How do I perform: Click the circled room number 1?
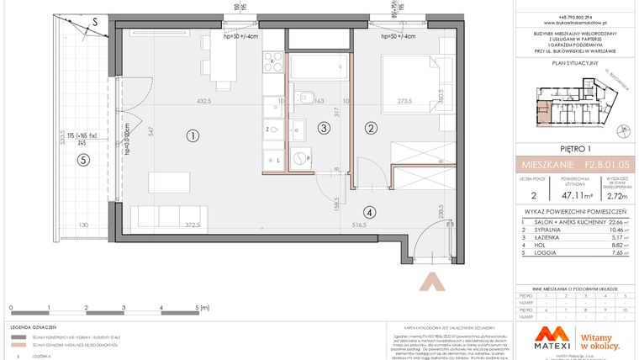pos(193,135)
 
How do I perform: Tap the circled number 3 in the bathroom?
pos(324,128)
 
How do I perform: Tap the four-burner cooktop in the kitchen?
pos(274,61)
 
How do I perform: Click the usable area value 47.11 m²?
pos(571,192)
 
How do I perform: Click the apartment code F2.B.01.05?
pos(598,165)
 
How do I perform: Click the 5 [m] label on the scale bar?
pos(198,309)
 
